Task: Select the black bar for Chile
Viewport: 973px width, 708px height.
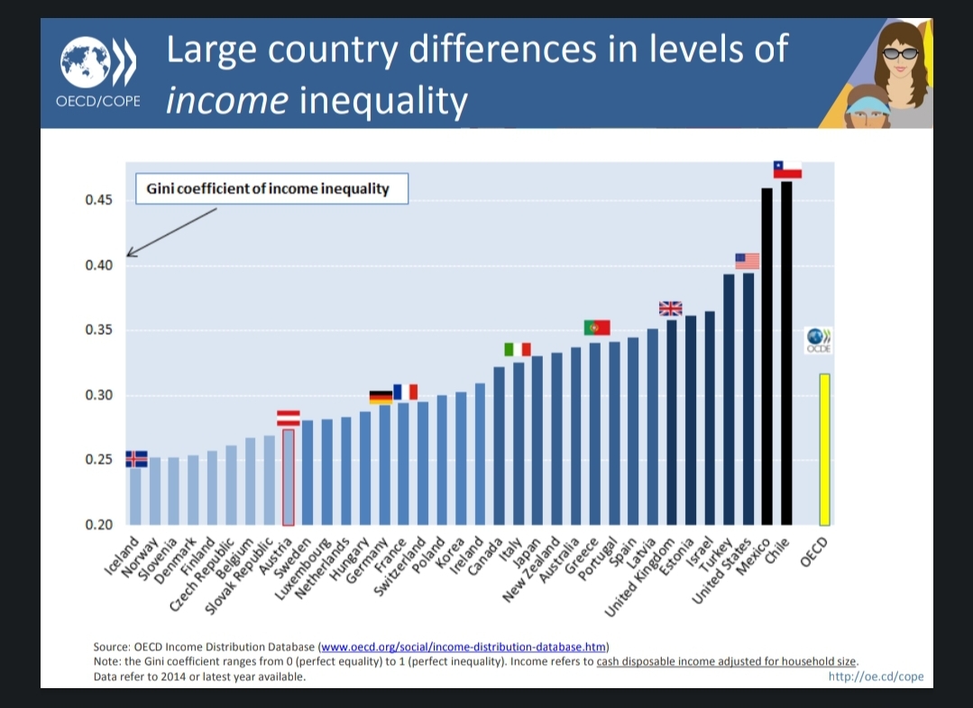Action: click(x=786, y=352)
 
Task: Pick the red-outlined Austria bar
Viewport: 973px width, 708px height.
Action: click(x=289, y=476)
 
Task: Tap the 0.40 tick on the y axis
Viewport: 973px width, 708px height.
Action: click(x=98, y=265)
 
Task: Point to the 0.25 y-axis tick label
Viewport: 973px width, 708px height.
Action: click(x=98, y=460)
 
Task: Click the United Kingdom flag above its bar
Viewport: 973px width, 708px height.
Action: click(x=671, y=308)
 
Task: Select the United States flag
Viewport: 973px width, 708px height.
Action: click(x=748, y=261)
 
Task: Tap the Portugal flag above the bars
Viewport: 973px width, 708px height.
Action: click(x=597, y=327)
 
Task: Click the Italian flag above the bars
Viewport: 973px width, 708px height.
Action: click(x=518, y=349)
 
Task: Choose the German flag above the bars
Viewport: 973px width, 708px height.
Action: click(x=381, y=396)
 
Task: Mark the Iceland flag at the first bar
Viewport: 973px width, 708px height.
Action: click(x=136, y=458)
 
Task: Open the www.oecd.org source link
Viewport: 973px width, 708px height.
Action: click(x=464, y=647)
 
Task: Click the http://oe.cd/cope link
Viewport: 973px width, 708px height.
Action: click(x=876, y=677)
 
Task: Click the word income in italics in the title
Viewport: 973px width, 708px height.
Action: click(x=226, y=100)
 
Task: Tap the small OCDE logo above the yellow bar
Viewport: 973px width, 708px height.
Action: click(x=822, y=340)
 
